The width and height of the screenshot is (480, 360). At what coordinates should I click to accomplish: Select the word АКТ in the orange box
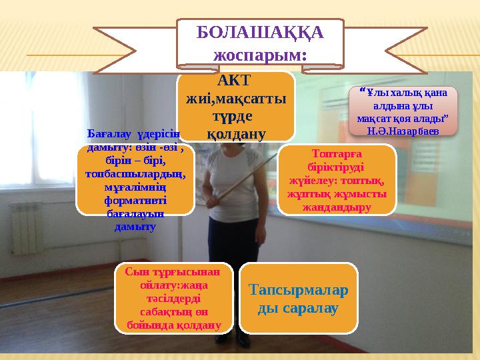click(235, 81)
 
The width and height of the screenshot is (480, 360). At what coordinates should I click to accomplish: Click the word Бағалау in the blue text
click(108, 133)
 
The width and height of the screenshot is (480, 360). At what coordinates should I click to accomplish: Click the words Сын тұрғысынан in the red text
click(177, 272)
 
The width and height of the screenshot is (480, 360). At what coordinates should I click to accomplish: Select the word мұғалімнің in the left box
click(136, 188)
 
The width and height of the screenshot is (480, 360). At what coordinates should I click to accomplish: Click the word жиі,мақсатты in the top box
click(236, 98)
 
